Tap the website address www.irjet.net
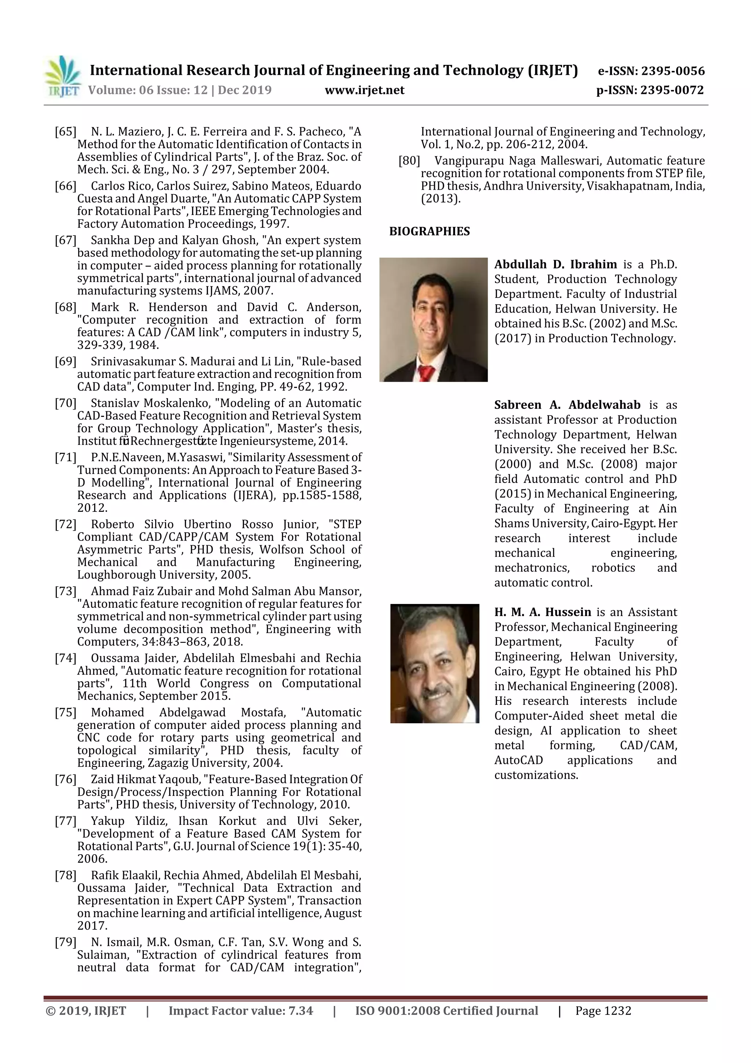(364, 90)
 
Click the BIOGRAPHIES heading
(429, 232)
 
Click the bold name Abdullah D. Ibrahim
(555, 264)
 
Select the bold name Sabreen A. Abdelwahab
(567, 405)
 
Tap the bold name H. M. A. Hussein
(542, 612)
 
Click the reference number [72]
(65, 524)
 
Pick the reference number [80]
(409, 161)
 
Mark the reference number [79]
(65, 942)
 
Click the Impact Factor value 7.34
(301, 1011)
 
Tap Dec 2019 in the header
(245, 90)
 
